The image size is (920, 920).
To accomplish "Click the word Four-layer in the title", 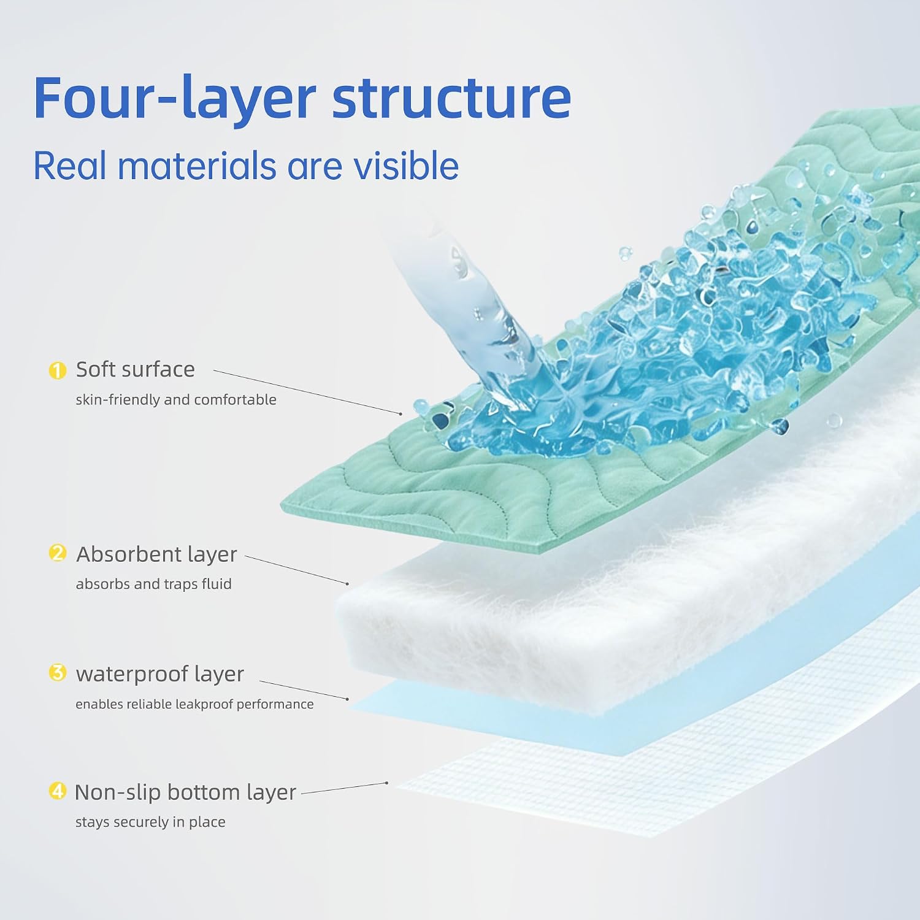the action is coord(175,98).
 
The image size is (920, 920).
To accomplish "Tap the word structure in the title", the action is coord(451,98).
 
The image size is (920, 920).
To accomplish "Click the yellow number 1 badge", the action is coord(57,370).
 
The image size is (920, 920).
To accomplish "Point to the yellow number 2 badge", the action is coord(57,553).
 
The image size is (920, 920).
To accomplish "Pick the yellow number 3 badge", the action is coord(57,673).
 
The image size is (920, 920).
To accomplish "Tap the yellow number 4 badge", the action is coord(57,791).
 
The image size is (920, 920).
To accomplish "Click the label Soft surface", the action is coord(135,369).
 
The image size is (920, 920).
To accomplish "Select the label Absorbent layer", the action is coord(156,554).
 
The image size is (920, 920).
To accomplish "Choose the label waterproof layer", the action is coord(159,674).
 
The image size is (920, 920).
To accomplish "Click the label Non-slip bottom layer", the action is coord(185,792).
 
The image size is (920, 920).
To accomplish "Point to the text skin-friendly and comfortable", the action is coord(176,400).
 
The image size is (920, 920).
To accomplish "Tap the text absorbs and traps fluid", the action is coord(153,584).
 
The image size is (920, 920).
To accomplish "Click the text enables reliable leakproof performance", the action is coord(194,704).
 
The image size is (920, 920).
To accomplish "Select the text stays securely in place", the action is coord(150,822).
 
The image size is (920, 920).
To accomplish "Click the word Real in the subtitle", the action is coord(69,166).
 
